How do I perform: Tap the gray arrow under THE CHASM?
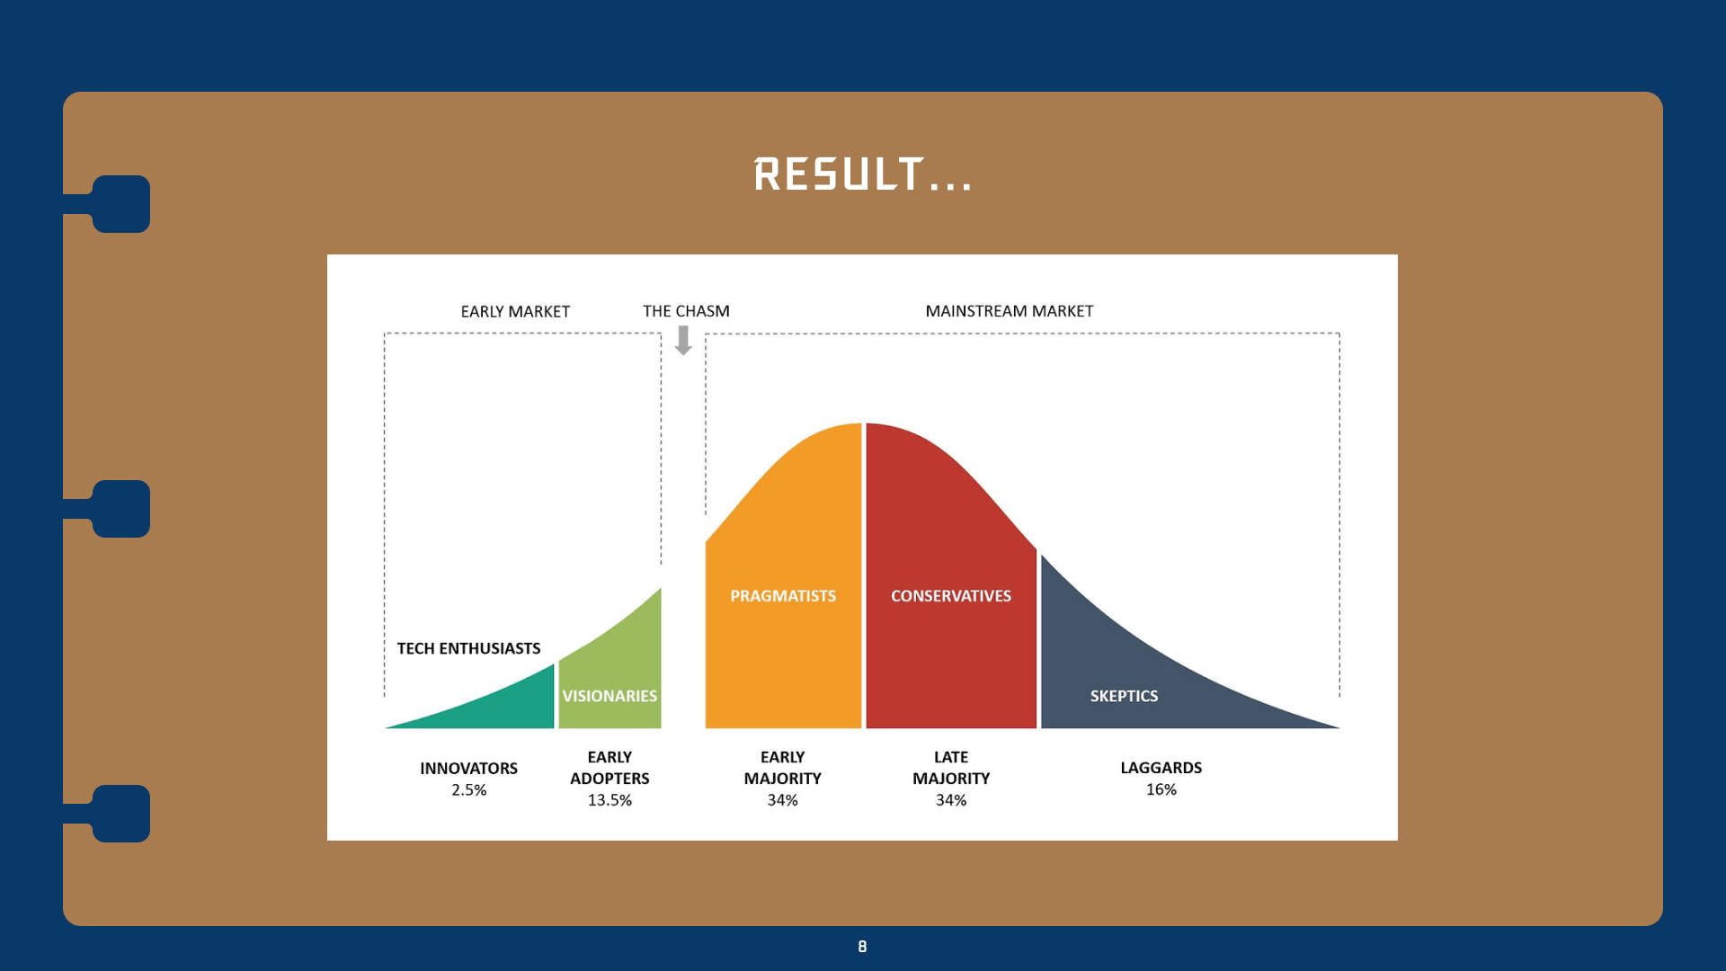(x=683, y=340)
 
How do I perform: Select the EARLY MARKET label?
(x=515, y=311)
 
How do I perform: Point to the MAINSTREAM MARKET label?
(x=1010, y=311)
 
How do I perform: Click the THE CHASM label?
(x=686, y=311)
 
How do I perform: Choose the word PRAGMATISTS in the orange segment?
(x=783, y=596)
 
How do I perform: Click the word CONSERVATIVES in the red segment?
(x=951, y=596)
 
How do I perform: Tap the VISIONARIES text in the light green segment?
(x=609, y=696)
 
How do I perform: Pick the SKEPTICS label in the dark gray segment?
(x=1124, y=696)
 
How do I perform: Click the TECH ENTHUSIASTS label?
(x=468, y=648)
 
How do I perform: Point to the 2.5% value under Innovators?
(x=468, y=790)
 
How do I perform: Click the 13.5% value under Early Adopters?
(x=609, y=800)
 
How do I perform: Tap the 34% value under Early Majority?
(x=782, y=800)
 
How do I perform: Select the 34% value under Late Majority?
(x=951, y=800)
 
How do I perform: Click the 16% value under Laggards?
(x=1161, y=789)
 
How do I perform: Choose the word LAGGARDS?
(x=1161, y=768)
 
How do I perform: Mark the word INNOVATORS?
(x=468, y=769)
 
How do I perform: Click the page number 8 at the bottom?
(x=862, y=947)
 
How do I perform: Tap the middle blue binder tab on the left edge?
(x=120, y=509)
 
